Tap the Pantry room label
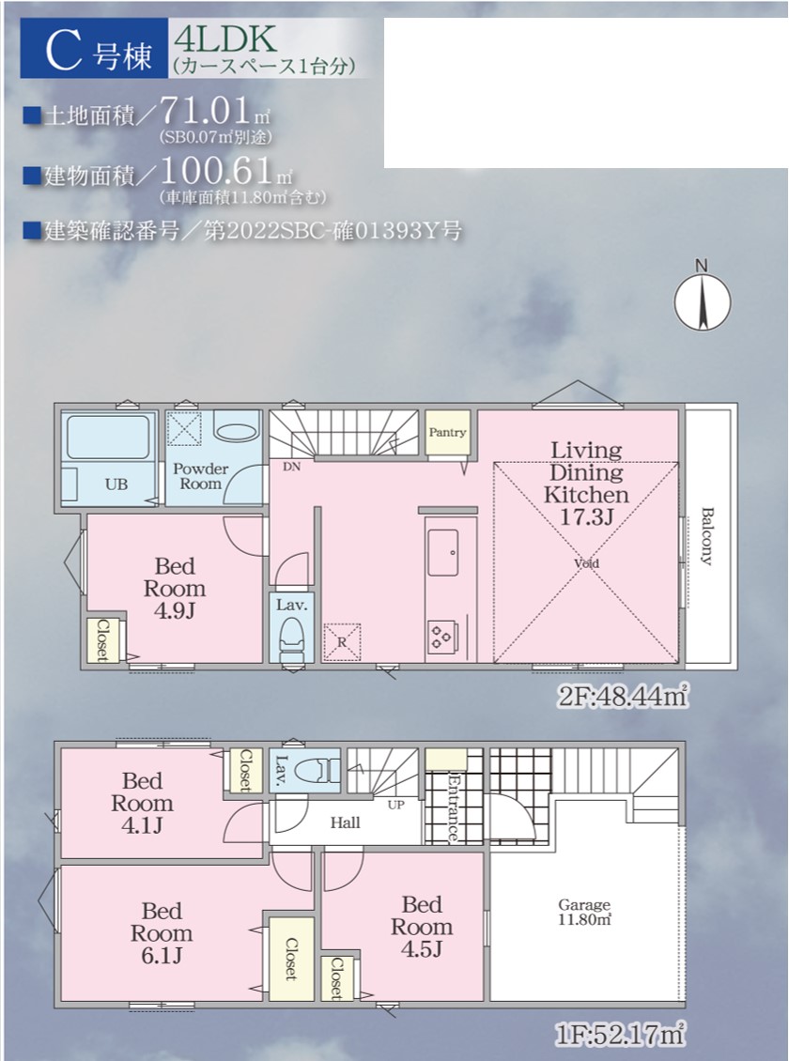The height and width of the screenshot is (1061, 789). (x=447, y=433)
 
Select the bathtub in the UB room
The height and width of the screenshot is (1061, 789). (x=108, y=438)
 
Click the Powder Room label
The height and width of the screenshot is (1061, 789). (x=200, y=476)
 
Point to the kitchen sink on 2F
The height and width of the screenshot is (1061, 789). (x=442, y=553)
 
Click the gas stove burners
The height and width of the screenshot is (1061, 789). (x=441, y=637)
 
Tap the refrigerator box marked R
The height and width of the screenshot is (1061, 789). (x=342, y=641)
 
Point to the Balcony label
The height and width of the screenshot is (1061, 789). (x=706, y=535)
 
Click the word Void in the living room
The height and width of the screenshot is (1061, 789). (x=586, y=563)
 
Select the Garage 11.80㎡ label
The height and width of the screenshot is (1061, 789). (x=584, y=912)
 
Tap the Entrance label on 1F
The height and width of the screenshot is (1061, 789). (x=453, y=807)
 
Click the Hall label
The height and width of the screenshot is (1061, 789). (x=345, y=823)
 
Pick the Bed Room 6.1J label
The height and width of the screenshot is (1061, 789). (x=162, y=932)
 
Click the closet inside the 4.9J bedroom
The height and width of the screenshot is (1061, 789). (x=103, y=640)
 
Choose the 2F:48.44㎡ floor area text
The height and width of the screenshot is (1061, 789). (x=623, y=696)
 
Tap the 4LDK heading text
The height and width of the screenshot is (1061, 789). (x=225, y=40)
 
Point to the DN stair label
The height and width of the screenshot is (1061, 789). (x=291, y=467)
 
